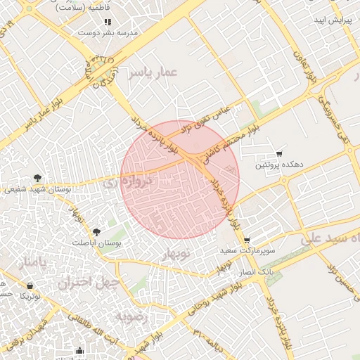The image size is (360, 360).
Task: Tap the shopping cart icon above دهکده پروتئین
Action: (x=279, y=153)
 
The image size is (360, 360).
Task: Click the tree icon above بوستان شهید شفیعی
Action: (x=37, y=178)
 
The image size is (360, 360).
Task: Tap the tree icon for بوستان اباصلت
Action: (x=97, y=231)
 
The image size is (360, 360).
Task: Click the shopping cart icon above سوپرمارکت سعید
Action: (x=246, y=240)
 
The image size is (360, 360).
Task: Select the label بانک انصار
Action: (x=257, y=271)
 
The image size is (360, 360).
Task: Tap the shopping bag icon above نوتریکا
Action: (x=30, y=285)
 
